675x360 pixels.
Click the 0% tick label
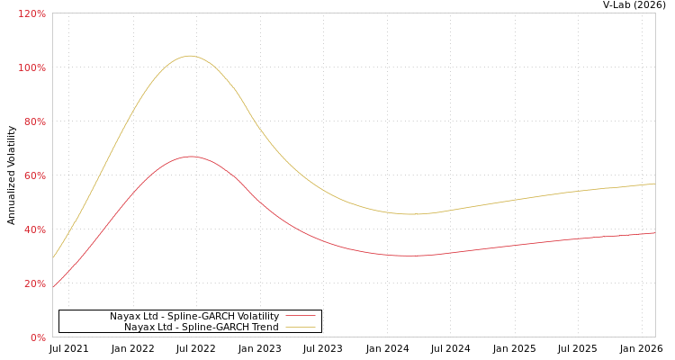38,337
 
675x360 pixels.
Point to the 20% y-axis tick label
35,283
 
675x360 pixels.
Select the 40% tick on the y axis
35,229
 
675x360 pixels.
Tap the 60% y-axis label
35,175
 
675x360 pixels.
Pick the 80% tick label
35,121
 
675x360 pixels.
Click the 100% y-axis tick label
32,67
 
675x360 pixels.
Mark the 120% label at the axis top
32,13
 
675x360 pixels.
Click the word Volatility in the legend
255,316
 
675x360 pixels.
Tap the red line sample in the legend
300,316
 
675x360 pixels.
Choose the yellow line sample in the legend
300,327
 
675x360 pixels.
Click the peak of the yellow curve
189,56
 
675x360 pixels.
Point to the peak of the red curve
190,157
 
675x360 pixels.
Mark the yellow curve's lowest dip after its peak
411,214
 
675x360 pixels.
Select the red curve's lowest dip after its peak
409,256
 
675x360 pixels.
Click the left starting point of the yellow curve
53,258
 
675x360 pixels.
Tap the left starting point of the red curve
53,287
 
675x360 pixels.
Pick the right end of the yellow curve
654,184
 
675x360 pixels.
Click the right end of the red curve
654,233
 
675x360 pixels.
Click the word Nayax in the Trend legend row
139,327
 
